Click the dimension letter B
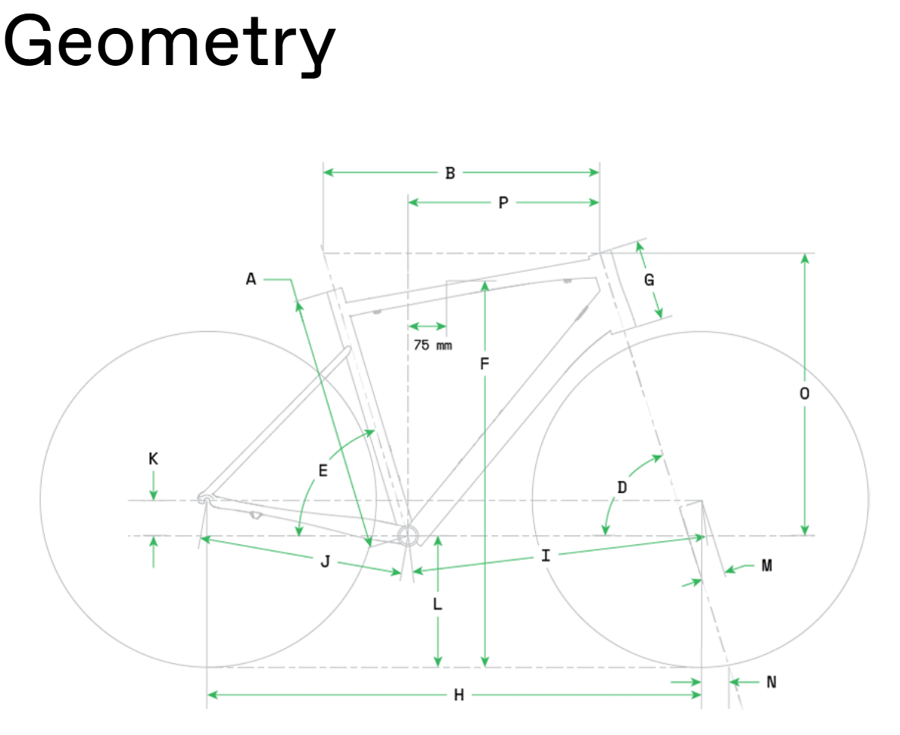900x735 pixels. tap(450, 173)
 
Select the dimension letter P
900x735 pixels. tap(503, 203)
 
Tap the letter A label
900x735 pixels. tap(251, 279)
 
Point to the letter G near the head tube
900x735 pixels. tap(649, 280)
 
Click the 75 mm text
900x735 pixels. tap(433, 345)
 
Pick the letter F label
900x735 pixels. tap(485, 364)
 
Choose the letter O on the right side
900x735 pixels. tap(805, 393)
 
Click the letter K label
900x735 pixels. tap(153, 459)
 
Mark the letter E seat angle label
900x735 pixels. tap(323, 470)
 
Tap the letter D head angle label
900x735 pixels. tap(622, 487)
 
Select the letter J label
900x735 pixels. tap(325, 561)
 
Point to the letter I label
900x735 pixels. tap(546, 555)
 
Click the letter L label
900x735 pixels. tap(438, 603)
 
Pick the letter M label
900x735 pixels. tap(767, 566)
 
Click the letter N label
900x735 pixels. tap(771, 682)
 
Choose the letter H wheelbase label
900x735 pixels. tap(459, 696)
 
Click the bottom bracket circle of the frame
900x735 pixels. tap(408, 535)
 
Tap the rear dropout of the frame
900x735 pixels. tap(205, 499)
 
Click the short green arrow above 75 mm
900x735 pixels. tap(428, 326)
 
